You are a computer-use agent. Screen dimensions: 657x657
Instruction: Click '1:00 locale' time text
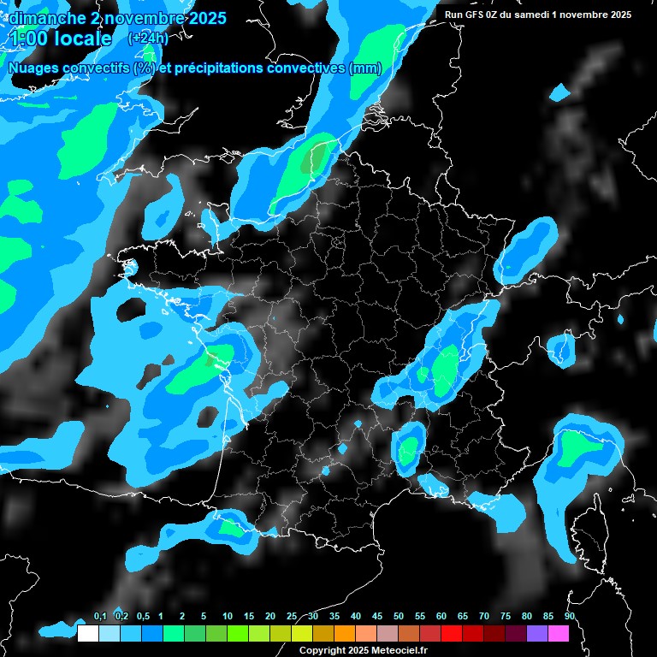click(x=61, y=38)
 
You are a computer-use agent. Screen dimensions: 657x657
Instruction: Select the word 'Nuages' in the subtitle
click(x=31, y=68)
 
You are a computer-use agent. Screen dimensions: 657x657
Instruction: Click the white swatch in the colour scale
click(x=87, y=633)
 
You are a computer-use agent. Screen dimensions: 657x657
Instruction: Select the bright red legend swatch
click(x=452, y=633)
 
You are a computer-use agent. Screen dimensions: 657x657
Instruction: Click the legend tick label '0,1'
click(x=99, y=617)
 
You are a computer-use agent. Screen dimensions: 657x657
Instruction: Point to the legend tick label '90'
click(x=569, y=617)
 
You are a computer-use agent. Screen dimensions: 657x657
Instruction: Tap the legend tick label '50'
click(x=398, y=617)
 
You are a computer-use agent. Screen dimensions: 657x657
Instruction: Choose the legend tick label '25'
click(x=291, y=617)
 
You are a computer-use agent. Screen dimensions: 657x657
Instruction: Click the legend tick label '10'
click(x=227, y=617)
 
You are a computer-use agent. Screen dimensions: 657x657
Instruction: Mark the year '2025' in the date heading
click(x=204, y=18)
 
